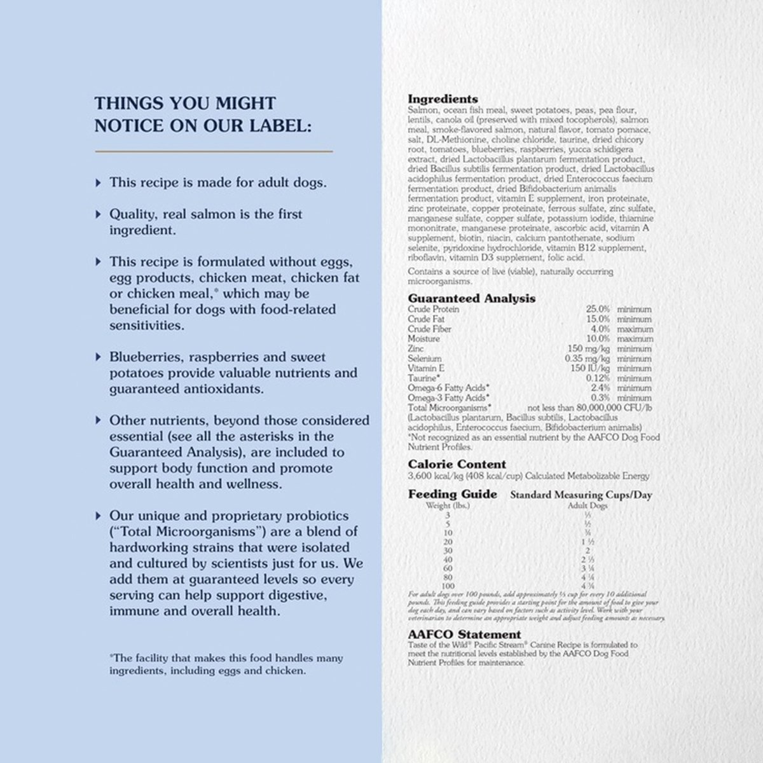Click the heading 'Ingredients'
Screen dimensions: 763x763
click(443, 99)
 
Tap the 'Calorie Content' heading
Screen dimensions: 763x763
click(457, 464)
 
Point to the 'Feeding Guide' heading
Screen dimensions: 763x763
click(452, 494)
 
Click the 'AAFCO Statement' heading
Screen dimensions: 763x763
click(464, 634)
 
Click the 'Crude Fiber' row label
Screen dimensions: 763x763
click(429, 329)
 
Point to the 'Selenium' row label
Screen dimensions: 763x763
click(424, 359)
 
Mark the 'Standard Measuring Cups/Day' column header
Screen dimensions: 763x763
click(581, 495)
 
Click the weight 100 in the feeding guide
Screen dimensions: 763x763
click(448, 585)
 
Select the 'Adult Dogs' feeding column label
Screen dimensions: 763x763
click(587, 506)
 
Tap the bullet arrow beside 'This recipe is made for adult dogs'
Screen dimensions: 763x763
click(98, 182)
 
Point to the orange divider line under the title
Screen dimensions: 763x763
click(214, 151)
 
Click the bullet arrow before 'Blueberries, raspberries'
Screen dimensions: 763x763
click(98, 357)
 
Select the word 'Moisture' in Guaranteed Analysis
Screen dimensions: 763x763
click(423, 339)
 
